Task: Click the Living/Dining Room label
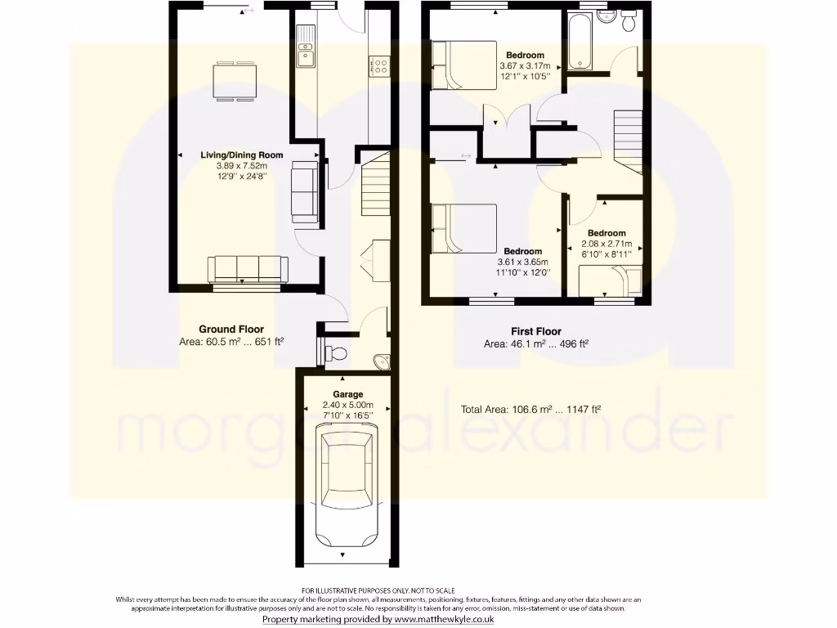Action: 243,155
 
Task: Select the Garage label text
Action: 347,394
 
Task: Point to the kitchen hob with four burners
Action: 378,65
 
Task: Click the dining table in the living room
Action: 235,80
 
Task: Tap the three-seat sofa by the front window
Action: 248,268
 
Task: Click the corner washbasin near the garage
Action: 381,361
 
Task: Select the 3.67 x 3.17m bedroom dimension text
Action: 525,66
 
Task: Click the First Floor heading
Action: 536,331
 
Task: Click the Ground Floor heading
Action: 231,330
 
